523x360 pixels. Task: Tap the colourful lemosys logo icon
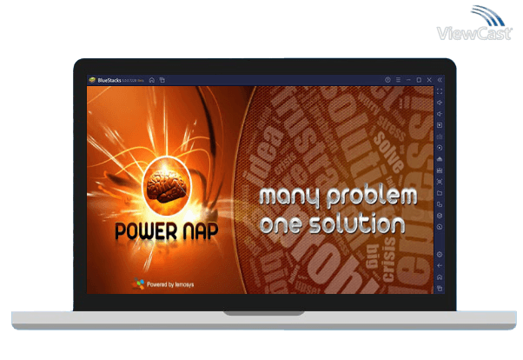[139, 283]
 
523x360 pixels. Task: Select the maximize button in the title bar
[419, 80]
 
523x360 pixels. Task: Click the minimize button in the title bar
[408, 80]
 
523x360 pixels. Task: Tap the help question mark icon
[387, 80]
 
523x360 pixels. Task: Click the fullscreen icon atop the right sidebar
[440, 91]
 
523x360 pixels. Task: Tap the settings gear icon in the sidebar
[440, 255]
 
